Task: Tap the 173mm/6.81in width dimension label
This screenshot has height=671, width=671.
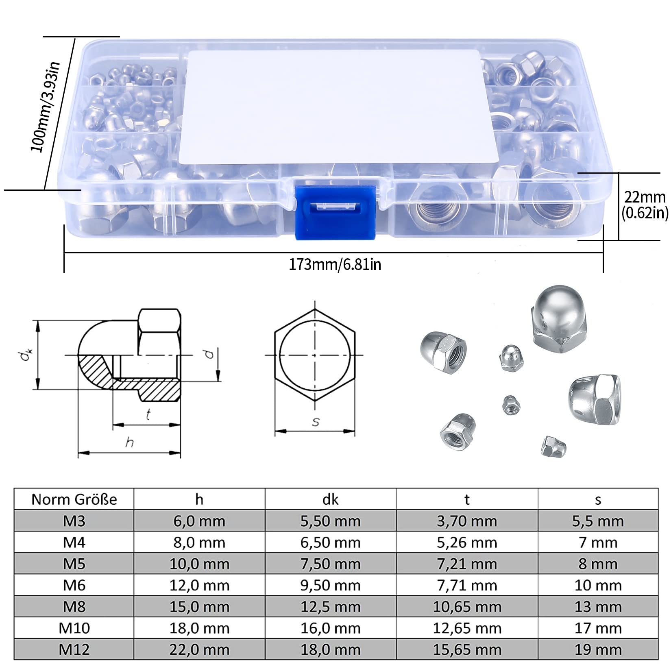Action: (335, 265)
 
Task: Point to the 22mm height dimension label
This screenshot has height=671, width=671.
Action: (645, 197)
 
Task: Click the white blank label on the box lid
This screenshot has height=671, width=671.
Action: (340, 107)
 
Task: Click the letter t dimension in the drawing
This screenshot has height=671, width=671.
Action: (148, 415)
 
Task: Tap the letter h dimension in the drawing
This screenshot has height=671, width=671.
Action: (129, 442)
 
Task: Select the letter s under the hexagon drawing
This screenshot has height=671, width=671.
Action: (316, 422)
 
